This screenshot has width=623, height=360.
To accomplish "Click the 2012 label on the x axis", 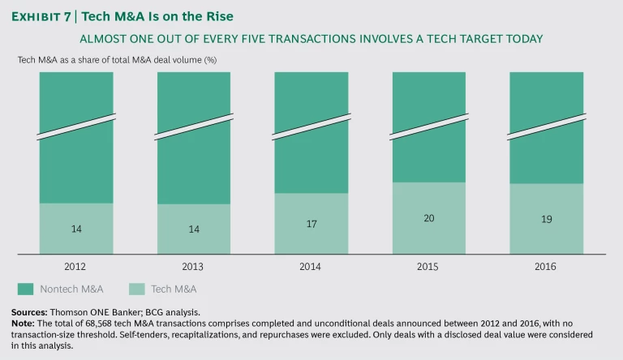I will click(76, 267).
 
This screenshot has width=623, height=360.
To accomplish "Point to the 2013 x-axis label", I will click(194, 267).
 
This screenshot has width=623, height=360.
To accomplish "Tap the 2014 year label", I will click(311, 267).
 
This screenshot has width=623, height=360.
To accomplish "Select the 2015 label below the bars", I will click(429, 267).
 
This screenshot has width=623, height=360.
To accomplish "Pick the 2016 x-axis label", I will click(546, 267).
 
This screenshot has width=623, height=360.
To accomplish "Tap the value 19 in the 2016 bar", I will click(546, 219).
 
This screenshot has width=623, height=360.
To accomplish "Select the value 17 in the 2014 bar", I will click(311, 223).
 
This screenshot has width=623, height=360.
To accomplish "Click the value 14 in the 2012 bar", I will click(76, 229).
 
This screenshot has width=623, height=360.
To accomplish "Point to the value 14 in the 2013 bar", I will click(194, 229).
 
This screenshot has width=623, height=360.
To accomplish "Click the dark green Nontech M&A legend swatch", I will click(26, 289).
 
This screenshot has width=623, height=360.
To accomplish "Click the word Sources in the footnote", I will click(29, 312).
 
